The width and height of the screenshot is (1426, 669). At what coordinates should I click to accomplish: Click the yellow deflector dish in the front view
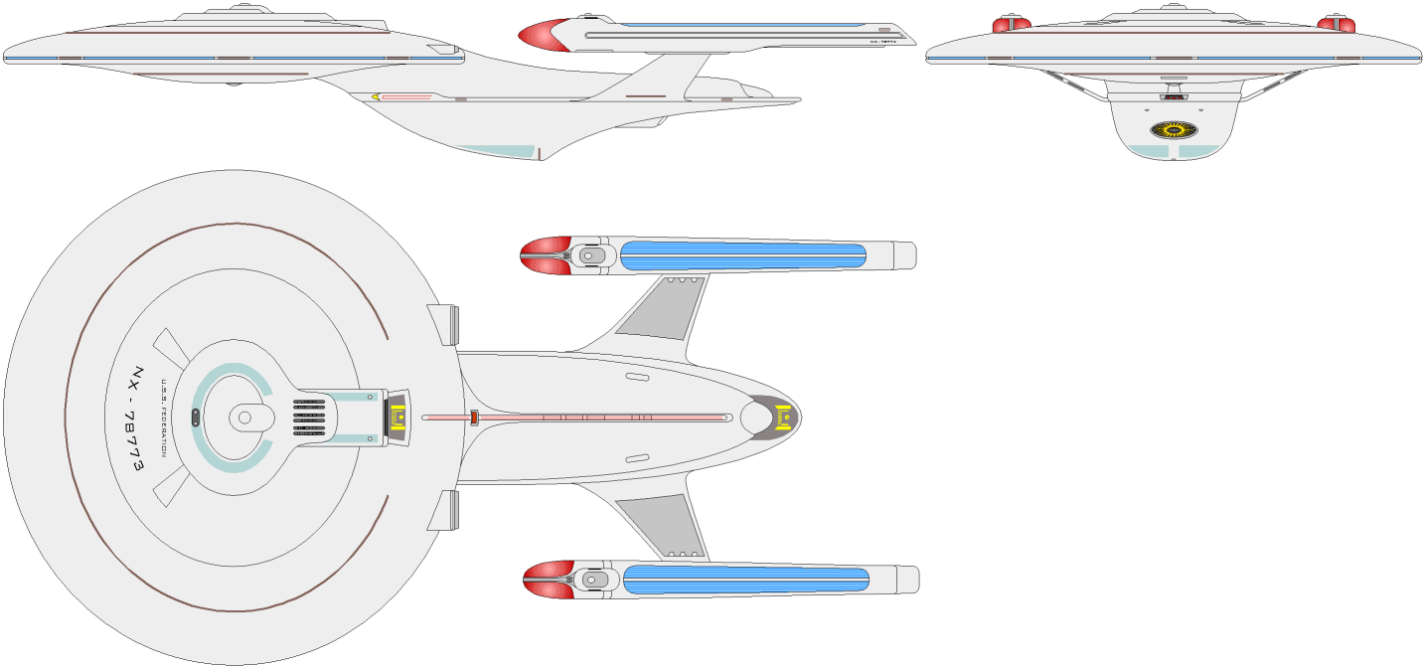(x=1175, y=129)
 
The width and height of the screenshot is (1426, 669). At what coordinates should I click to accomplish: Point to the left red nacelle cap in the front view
(x=1010, y=24)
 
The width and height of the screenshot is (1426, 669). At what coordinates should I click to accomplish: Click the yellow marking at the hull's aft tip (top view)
(x=784, y=417)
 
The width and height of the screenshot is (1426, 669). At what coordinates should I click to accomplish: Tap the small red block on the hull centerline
(x=475, y=418)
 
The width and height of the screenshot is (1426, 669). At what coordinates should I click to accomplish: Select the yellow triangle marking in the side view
(x=376, y=97)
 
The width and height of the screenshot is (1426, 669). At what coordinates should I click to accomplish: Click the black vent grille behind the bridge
(x=309, y=418)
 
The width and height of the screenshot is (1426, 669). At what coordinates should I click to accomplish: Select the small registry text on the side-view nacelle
(x=882, y=42)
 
